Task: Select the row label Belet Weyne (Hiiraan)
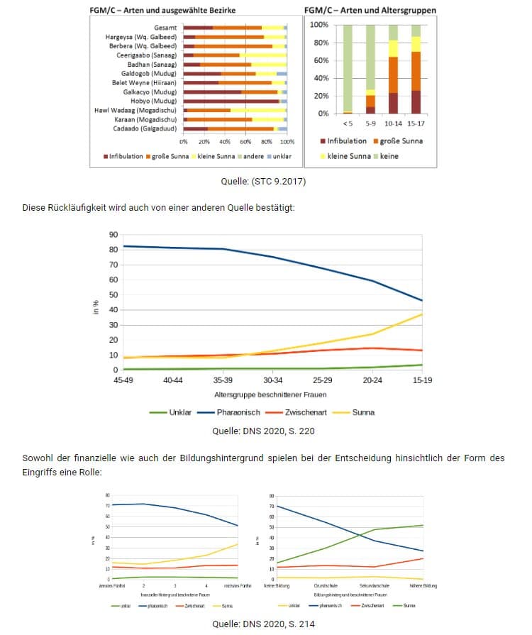pyautogui.click(x=145, y=82)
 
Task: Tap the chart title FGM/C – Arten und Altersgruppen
pyautogui.click(x=370, y=11)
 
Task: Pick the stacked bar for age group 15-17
pyautogui.click(x=416, y=69)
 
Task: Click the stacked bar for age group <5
pyautogui.click(x=348, y=69)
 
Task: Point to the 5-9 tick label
pyautogui.click(x=370, y=123)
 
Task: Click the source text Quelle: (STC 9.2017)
pyautogui.click(x=263, y=182)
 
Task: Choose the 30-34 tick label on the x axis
pyautogui.click(x=273, y=380)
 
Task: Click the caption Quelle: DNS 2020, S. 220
pyautogui.click(x=263, y=431)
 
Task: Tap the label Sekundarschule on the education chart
pyautogui.click(x=372, y=585)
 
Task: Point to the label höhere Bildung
pyautogui.click(x=423, y=585)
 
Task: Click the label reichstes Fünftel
pyautogui.click(x=238, y=585)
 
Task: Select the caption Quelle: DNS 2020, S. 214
pyautogui.click(x=263, y=624)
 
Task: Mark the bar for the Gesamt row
pyautogui.click(x=235, y=27)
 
